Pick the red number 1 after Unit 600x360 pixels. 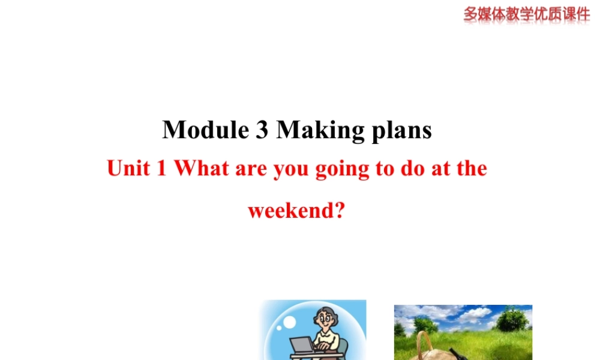160,169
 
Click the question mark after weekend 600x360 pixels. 340,211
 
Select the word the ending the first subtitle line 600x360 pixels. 472,169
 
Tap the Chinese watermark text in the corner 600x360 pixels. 526,13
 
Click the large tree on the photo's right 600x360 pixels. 512,320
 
